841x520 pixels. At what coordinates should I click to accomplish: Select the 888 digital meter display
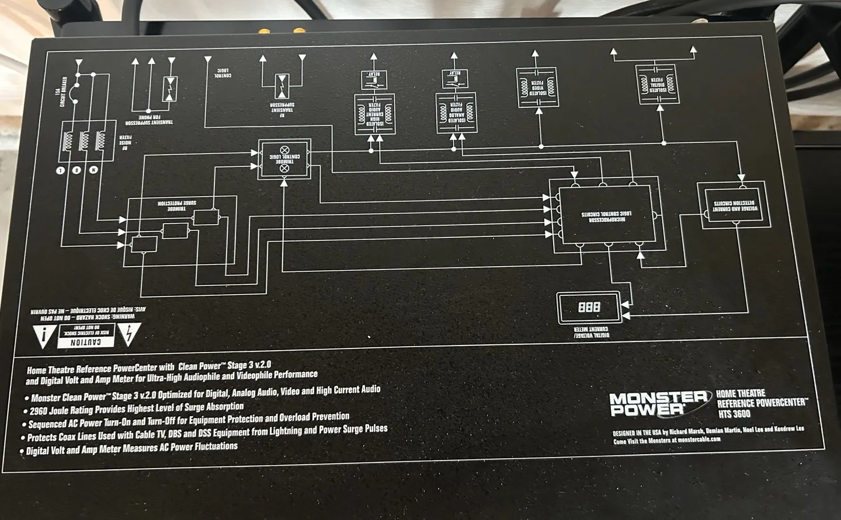click(x=589, y=307)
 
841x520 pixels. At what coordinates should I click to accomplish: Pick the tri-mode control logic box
click(x=284, y=159)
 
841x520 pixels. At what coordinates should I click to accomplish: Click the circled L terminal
click(x=60, y=170)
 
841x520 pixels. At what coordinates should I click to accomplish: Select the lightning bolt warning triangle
click(x=127, y=333)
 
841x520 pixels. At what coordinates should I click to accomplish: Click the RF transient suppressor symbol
click(x=283, y=86)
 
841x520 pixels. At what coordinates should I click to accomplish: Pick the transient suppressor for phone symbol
click(x=169, y=89)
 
